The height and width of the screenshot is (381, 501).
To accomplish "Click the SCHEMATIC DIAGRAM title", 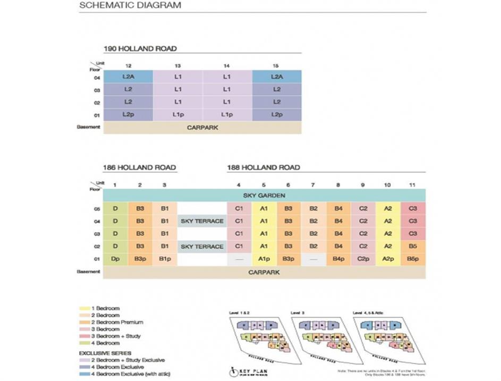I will point(130,6).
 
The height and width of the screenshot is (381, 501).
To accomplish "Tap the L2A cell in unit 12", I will point(128,77).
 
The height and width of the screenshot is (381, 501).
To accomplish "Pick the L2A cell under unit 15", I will point(276,77).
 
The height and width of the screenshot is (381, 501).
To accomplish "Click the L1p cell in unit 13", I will point(177,114).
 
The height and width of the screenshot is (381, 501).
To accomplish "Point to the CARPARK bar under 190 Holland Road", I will point(202,128).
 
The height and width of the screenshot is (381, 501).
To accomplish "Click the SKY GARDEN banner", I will point(264,195).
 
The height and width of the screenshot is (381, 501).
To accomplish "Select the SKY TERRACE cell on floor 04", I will point(202,221).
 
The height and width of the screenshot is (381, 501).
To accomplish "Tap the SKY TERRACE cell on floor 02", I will point(202,247).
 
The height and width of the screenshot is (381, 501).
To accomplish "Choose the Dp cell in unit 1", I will point(115,259).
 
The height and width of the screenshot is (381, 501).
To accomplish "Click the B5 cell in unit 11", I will point(413,247).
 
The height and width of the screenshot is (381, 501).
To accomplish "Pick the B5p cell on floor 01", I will point(413,259).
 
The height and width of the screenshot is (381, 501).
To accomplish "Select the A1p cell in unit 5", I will point(264,259).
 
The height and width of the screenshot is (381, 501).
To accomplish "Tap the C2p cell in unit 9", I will point(363,259).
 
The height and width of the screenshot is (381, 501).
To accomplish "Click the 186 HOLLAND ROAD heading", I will point(139,167).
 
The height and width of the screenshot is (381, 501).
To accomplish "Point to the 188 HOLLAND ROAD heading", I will point(264,167).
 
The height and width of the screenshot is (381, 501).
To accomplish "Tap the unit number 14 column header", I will point(227,65).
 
